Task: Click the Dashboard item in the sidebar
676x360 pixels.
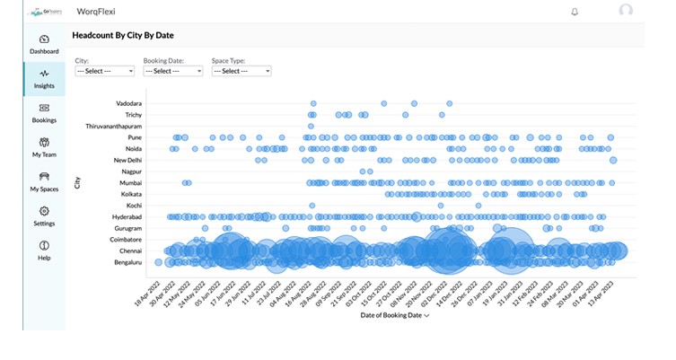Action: point(44,44)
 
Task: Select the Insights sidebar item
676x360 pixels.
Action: point(44,78)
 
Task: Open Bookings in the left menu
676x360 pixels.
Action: point(44,112)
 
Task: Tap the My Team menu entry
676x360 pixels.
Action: point(44,146)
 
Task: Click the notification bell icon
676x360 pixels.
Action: point(575,12)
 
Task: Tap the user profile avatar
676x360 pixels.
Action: point(626,11)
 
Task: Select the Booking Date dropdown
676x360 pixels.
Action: point(172,70)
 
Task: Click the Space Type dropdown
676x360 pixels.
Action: point(241,70)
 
